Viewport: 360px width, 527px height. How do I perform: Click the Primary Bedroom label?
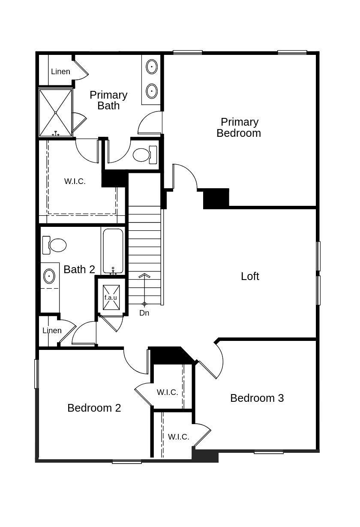click(239, 127)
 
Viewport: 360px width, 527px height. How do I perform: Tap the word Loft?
click(250, 276)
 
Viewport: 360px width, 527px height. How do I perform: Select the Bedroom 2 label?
click(94, 408)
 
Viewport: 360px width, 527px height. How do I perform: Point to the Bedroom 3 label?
click(257, 398)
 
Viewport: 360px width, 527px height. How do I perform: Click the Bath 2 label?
click(79, 269)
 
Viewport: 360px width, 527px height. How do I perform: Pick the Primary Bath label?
click(108, 100)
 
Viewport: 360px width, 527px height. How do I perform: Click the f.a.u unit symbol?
click(111, 297)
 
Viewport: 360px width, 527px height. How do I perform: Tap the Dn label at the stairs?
click(144, 313)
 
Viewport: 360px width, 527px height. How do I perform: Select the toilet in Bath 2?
click(54, 245)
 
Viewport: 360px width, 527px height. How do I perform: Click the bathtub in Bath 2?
click(113, 251)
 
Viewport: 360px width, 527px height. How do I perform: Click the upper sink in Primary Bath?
click(152, 67)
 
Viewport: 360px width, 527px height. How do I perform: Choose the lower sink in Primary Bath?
click(152, 91)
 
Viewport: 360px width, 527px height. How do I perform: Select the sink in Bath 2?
click(49, 276)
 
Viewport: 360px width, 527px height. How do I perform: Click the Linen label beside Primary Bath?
click(60, 72)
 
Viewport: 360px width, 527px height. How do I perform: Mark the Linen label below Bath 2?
click(52, 331)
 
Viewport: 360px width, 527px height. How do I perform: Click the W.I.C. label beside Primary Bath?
click(75, 181)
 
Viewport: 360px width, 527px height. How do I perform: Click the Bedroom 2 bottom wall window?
click(127, 462)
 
